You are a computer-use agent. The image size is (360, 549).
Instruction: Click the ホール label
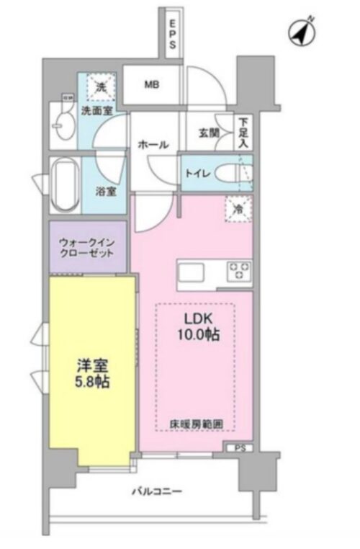pyautogui.click(x=153, y=145)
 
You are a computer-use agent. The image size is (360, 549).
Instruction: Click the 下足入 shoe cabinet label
pyautogui.click(x=244, y=133)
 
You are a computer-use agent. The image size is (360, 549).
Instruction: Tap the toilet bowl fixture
pyautogui.click(x=231, y=173)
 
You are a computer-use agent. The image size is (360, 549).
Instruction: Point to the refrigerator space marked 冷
pyautogui.click(x=238, y=209)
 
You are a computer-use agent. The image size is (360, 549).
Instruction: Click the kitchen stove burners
pyautogui.click(x=239, y=272)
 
